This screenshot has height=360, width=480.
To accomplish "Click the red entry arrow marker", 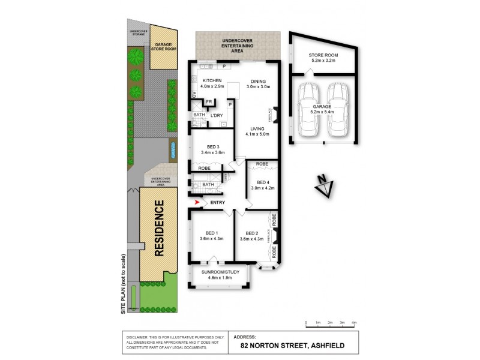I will pos(199,203).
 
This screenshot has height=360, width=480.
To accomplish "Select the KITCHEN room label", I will pos(213,81).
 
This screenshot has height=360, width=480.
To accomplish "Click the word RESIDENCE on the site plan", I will pos(159,229).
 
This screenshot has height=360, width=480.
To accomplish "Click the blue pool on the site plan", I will pos(173,148).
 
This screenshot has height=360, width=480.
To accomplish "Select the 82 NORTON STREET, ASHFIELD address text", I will pos(290,345).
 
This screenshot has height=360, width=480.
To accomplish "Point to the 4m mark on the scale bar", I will pos(355,323).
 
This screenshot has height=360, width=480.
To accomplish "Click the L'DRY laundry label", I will pos(217,115).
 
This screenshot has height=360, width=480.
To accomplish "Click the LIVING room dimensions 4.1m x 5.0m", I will pos(258,134).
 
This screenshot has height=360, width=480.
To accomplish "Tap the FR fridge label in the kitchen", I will pos(208,102).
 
